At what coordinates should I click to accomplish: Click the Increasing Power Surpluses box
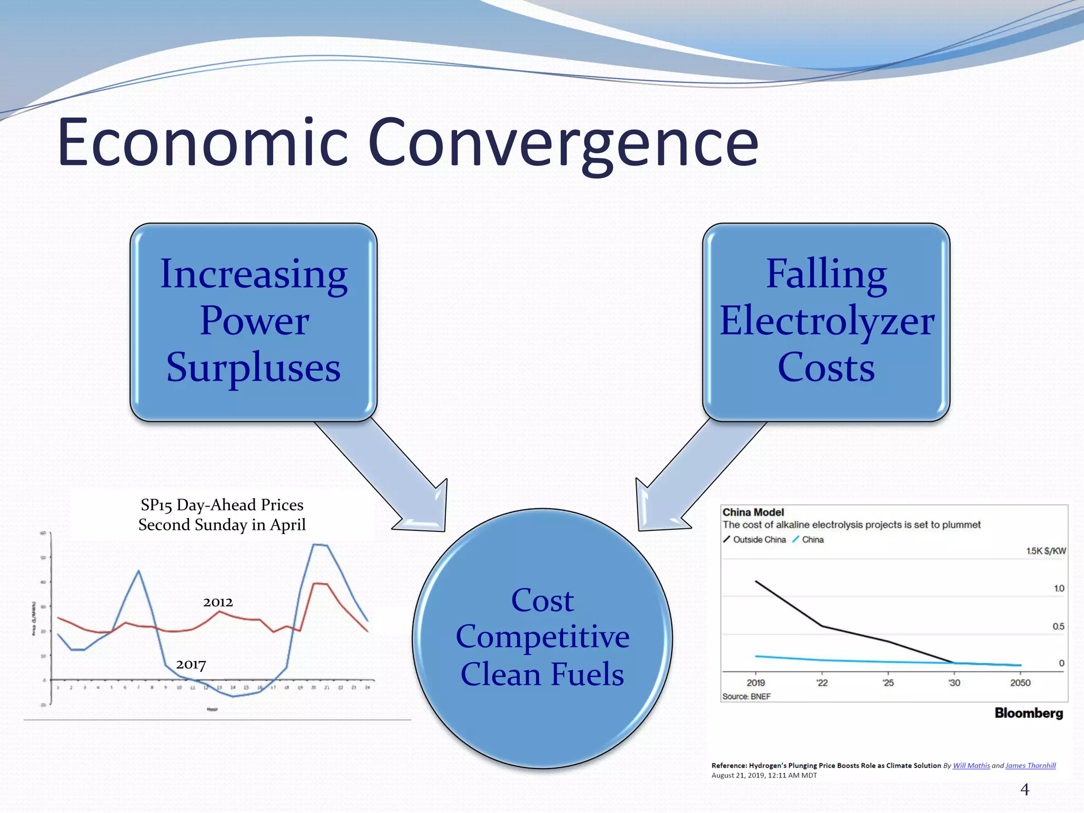[x=253, y=321]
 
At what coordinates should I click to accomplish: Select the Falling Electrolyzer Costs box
[x=826, y=321]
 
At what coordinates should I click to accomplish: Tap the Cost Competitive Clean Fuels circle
[x=542, y=638]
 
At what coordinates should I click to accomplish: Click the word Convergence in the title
[x=563, y=143]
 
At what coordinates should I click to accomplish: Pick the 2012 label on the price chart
[x=218, y=602]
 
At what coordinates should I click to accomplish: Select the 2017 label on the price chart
[x=191, y=664]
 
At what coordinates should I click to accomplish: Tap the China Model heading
[x=753, y=512]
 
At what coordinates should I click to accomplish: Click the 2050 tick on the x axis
[x=1020, y=683]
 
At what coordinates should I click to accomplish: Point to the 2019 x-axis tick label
[x=755, y=683]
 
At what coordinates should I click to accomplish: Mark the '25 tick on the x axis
[x=888, y=683]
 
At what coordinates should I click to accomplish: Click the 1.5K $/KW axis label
[x=1046, y=551]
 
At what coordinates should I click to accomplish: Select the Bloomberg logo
[x=1028, y=713]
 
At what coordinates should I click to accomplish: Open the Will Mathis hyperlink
[x=971, y=765]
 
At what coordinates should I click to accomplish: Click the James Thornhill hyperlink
[x=1030, y=765]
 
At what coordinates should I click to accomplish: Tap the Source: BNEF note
[x=746, y=697]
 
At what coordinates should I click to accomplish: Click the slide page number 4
[x=1025, y=790]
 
